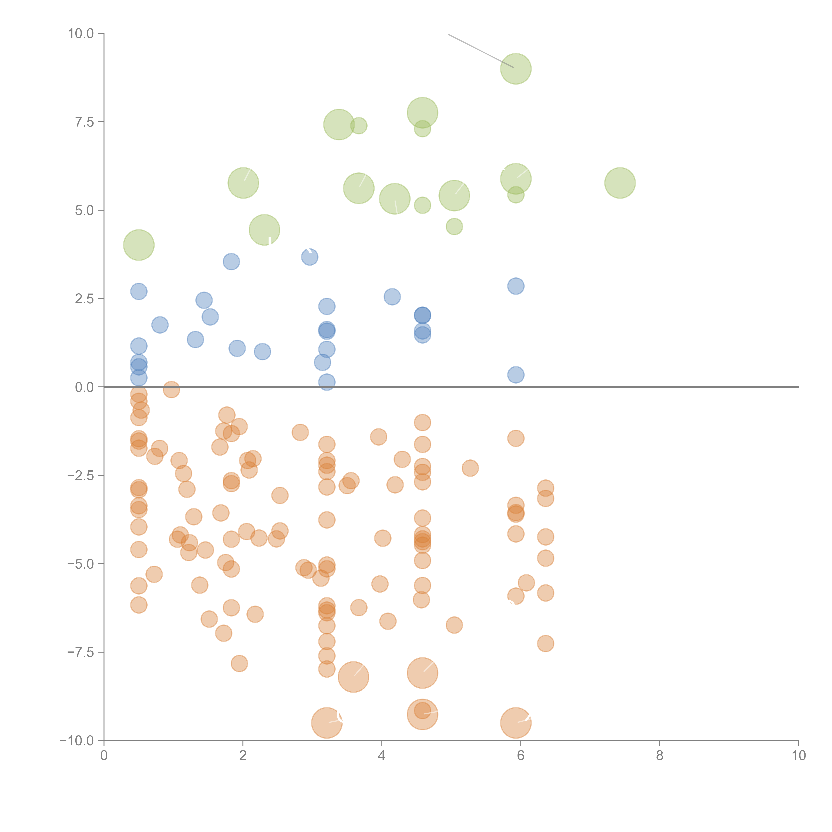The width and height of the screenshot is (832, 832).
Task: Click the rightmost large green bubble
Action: pos(620,183)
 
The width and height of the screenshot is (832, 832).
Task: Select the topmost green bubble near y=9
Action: pos(516,69)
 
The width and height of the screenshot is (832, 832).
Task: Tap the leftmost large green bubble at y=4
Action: pos(139,245)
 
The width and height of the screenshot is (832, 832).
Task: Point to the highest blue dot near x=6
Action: pos(516,286)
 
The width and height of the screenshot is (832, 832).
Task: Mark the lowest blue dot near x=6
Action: pos(516,375)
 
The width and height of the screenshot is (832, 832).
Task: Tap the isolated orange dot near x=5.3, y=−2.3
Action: pos(470,468)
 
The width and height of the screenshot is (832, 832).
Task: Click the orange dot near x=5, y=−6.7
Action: pos(454,625)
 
